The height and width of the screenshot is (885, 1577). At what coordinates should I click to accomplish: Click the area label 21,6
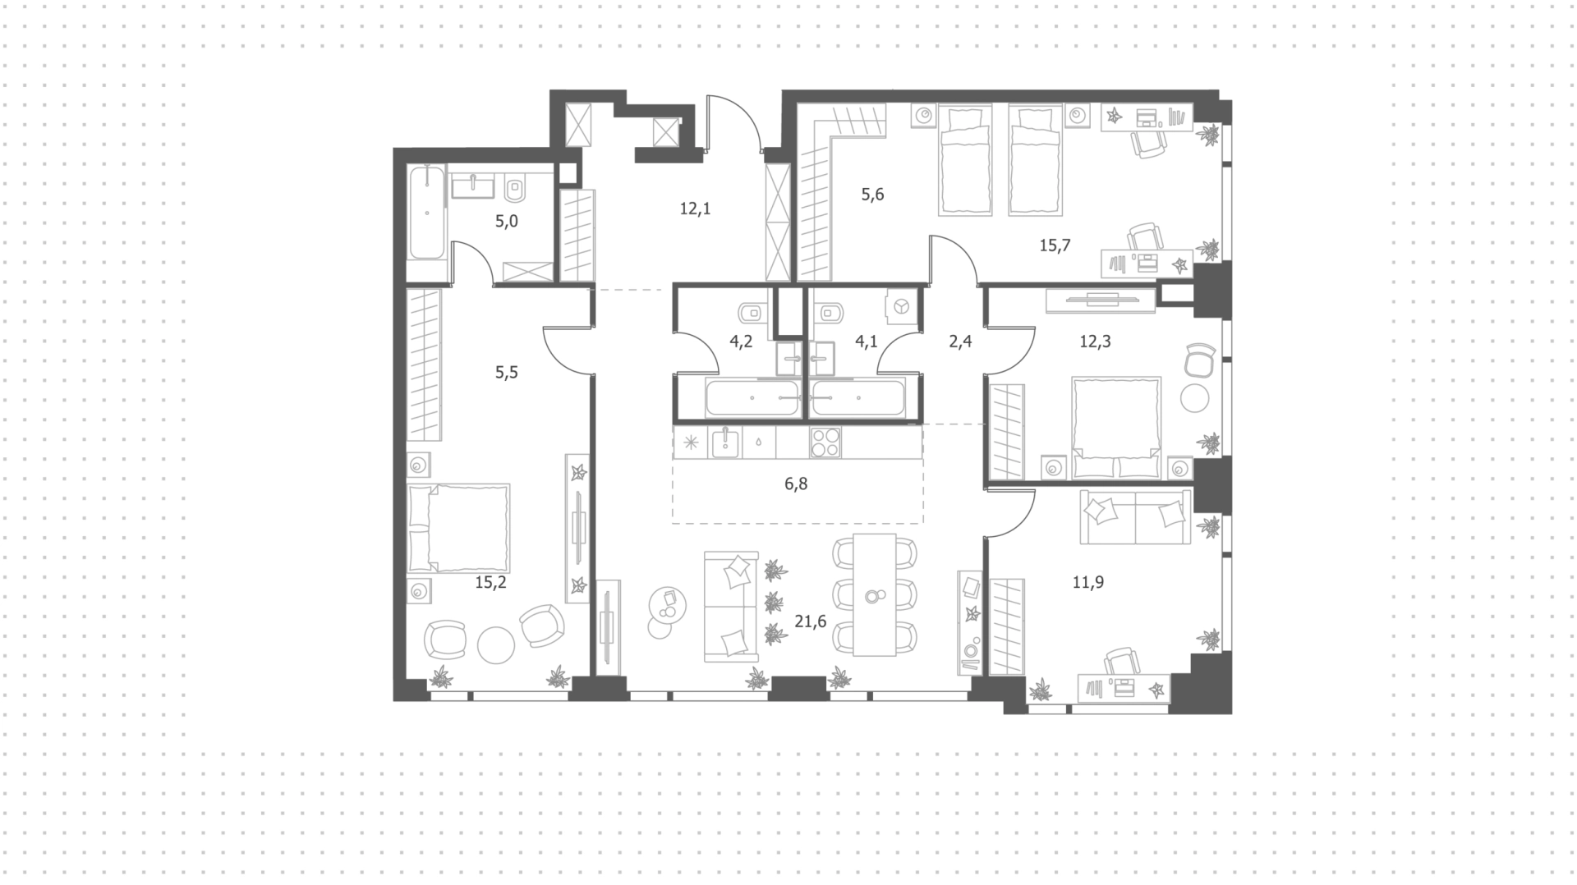coord(810,621)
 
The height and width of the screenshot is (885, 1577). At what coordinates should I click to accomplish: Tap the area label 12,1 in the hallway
coord(695,209)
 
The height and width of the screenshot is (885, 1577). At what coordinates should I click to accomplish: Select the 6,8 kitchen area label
coord(796,484)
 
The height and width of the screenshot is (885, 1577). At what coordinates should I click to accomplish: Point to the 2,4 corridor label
coord(960,341)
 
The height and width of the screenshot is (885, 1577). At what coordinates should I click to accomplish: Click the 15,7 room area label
coord(1055,245)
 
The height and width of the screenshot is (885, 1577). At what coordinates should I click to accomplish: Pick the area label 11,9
coord(1088,583)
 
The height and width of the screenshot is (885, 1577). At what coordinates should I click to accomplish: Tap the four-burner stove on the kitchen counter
coord(825,442)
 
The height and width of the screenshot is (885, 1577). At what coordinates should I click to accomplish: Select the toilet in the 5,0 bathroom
coord(515,190)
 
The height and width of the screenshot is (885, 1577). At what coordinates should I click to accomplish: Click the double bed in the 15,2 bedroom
coord(459,528)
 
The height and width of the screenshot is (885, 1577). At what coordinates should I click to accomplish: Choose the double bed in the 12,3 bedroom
coord(1116,427)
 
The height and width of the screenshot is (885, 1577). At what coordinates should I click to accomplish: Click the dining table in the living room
coord(874,594)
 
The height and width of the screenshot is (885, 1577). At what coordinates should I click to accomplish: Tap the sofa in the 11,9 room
coord(1135,516)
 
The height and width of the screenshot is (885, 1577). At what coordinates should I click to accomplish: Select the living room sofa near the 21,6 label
coord(731,606)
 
